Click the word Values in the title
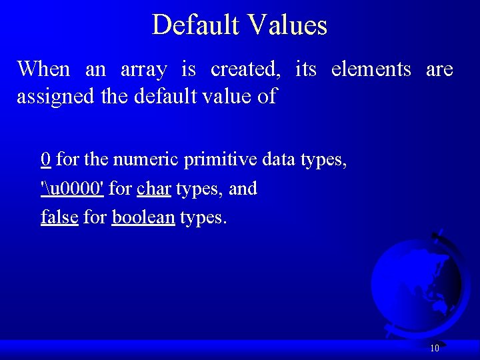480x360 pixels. [x=288, y=25]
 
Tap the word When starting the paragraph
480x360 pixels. [x=43, y=69]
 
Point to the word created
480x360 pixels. [x=243, y=69]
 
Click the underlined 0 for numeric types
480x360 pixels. [x=46, y=160]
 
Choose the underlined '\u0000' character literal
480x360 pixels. [x=72, y=189]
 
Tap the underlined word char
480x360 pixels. [x=154, y=189]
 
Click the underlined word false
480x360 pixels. [x=59, y=217]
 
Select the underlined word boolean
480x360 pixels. [x=143, y=217]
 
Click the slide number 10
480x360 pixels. [x=434, y=348]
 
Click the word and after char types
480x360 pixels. [x=243, y=189]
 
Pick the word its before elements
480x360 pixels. [x=305, y=69]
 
